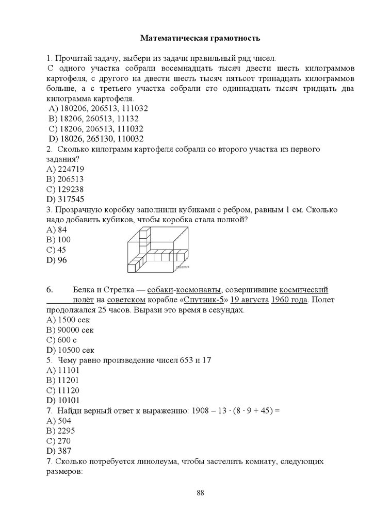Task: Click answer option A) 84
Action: (x=57, y=229)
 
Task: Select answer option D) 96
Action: (x=57, y=260)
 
